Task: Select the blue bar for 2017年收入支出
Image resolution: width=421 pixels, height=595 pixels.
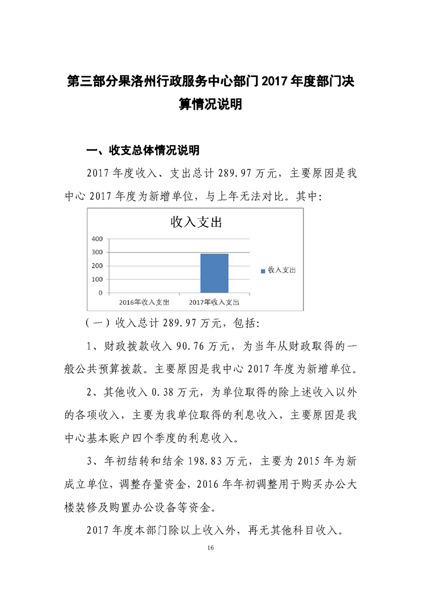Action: pyautogui.click(x=214, y=273)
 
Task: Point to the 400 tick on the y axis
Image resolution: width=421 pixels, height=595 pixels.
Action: pyautogui.click(x=97, y=239)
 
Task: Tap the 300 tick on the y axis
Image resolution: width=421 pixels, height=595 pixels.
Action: pyautogui.click(x=97, y=252)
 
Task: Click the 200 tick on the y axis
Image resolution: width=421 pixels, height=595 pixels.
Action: pyautogui.click(x=97, y=266)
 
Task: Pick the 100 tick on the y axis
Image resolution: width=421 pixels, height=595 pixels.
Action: pyautogui.click(x=97, y=279)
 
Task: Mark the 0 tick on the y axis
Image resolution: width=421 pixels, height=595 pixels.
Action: pyautogui.click(x=100, y=293)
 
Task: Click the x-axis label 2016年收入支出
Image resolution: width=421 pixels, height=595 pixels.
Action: pyautogui.click(x=144, y=302)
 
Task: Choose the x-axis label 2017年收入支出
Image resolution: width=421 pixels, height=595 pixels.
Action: pyautogui.click(x=214, y=302)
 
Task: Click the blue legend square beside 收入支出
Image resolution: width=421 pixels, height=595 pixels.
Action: pyautogui.click(x=263, y=271)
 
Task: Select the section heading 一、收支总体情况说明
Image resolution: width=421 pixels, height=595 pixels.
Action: pyautogui.click(x=143, y=151)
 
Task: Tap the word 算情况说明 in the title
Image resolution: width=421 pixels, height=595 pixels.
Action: pyautogui.click(x=210, y=104)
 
